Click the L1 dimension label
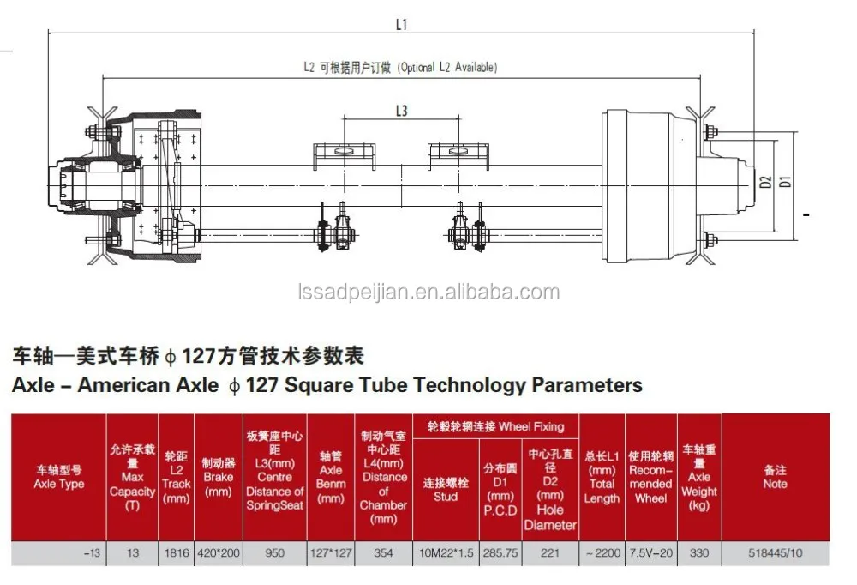click(x=401, y=25)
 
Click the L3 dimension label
click(x=401, y=111)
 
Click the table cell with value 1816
click(x=176, y=553)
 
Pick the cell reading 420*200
click(x=219, y=553)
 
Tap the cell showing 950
click(x=274, y=553)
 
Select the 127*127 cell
click(x=330, y=553)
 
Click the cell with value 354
click(x=384, y=553)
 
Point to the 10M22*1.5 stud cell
click(x=446, y=553)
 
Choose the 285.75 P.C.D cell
click(x=500, y=553)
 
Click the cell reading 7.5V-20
click(x=650, y=553)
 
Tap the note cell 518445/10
click(x=775, y=553)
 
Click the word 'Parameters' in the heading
click(x=587, y=385)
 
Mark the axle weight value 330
click(x=699, y=553)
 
